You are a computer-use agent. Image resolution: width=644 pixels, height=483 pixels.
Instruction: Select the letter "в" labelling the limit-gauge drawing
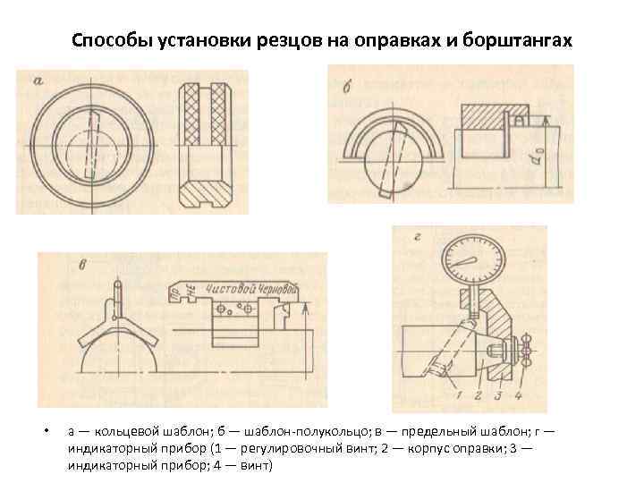click(x=57, y=266)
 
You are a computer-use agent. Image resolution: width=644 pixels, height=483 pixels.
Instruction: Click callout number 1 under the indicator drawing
click(x=458, y=394)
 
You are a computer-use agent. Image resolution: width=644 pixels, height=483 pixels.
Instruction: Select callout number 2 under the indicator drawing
click(x=479, y=394)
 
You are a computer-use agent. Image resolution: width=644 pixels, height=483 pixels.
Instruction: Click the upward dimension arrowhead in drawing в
click(x=307, y=308)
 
